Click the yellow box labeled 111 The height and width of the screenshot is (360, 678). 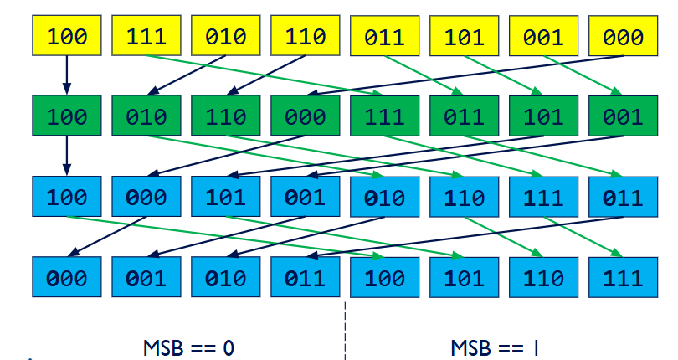tap(146, 37)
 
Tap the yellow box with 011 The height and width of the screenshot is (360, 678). tap(384, 37)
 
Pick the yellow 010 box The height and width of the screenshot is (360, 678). tap(226, 37)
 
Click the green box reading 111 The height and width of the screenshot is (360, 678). tap(384, 116)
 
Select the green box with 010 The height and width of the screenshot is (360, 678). tap(146, 116)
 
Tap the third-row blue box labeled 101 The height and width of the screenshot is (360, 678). tap(226, 198)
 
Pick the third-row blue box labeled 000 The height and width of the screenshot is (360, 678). tap(146, 198)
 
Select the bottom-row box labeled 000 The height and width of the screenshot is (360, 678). tap(67, 278)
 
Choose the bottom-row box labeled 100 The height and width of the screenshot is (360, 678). tap(384, 278)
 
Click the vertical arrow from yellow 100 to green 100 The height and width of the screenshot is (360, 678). tap(67, 76)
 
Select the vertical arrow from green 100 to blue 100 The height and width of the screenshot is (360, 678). tap(67, 157)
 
